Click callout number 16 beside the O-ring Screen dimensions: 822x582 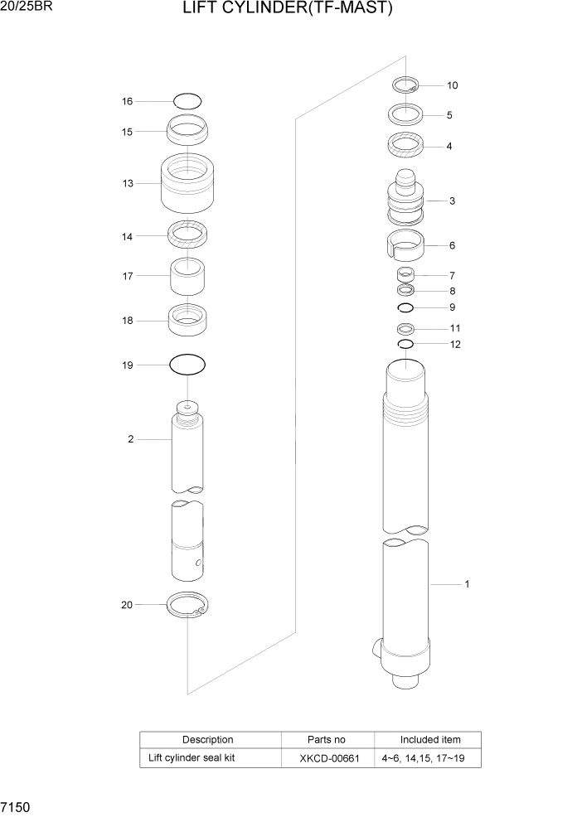128,102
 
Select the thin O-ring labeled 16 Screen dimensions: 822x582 188,101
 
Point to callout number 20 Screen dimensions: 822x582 127,605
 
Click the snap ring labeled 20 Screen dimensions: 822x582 188,607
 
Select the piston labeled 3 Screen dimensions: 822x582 406,201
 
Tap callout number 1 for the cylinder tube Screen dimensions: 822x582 467,584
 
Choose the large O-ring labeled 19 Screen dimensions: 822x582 187,365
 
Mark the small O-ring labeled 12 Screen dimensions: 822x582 405,344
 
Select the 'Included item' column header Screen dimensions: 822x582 429,739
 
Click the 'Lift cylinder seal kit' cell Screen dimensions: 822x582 192,757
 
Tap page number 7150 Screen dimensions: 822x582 17,806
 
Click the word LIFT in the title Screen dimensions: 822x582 202,11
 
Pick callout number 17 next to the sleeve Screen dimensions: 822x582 128,276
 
